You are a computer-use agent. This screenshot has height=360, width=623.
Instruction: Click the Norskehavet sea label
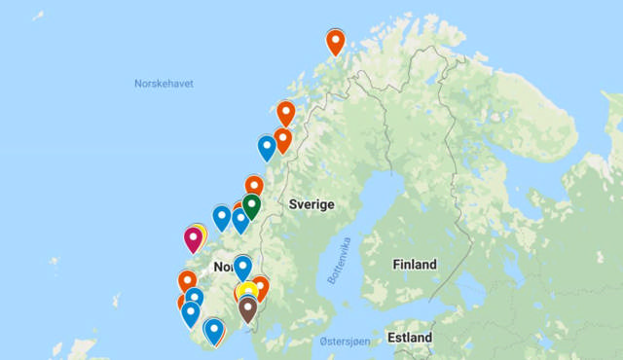[x=164, y=84]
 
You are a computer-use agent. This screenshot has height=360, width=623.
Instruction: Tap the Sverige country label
[x=311, y=204]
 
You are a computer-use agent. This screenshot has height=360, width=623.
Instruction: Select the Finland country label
[x=415, y=265]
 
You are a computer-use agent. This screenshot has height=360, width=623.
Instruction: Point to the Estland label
[x=409, y=338]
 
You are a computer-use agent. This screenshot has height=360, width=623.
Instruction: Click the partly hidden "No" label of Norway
[x=222, y=267]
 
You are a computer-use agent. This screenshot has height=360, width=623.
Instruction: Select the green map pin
[x=251, y=204]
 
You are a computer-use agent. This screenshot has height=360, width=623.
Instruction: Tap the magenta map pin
[x=194, y=236]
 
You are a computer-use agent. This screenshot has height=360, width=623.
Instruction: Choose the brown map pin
[x=247, y=307]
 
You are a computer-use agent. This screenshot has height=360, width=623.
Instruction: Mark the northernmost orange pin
[x=336, y=41]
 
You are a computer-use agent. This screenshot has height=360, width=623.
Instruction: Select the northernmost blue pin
[x=267, y=146]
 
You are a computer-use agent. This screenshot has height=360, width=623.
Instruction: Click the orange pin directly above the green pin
[x=254, y=184]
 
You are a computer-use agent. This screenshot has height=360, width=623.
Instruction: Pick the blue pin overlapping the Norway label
[x=242, y=266]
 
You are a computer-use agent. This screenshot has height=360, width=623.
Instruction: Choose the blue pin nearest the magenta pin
[x=222, y=216]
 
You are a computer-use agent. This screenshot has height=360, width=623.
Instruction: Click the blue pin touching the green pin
[x=240, y=219]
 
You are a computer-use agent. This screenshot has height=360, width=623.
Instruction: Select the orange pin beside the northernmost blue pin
[x=282, y=139]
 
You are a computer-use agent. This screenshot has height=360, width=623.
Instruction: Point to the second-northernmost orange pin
[x=285, y=112]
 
